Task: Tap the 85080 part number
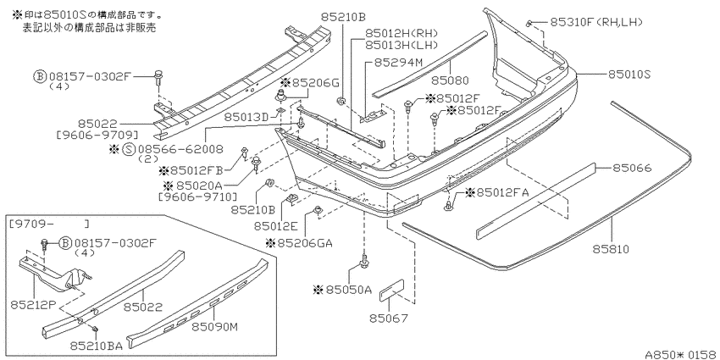point(450,80)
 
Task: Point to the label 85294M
point(397,62)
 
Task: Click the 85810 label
point(610,249)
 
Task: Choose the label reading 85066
point(632,168)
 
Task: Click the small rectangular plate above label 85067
point(391,291)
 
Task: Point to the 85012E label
point(276,225)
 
